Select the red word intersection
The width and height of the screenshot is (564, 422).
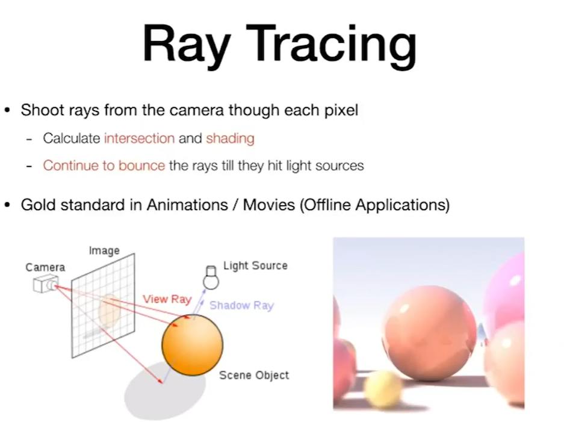coord(140,138)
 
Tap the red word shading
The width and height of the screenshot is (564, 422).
coord(230,138)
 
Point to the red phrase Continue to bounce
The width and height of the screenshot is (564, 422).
coord(104,166)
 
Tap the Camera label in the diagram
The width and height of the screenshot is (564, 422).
coord(45,267)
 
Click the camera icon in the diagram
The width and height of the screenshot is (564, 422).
coord(46,284)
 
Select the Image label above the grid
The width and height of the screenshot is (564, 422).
coord(104,250)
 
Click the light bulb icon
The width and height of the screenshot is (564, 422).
coord(211,278)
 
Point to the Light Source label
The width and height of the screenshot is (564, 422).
coord(255,265)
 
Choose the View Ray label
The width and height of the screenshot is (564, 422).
coord(167,299)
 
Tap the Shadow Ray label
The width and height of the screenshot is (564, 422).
coord(242,305)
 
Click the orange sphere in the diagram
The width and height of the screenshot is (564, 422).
coord(193,345)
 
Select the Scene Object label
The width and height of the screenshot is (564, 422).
coord(254,375)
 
